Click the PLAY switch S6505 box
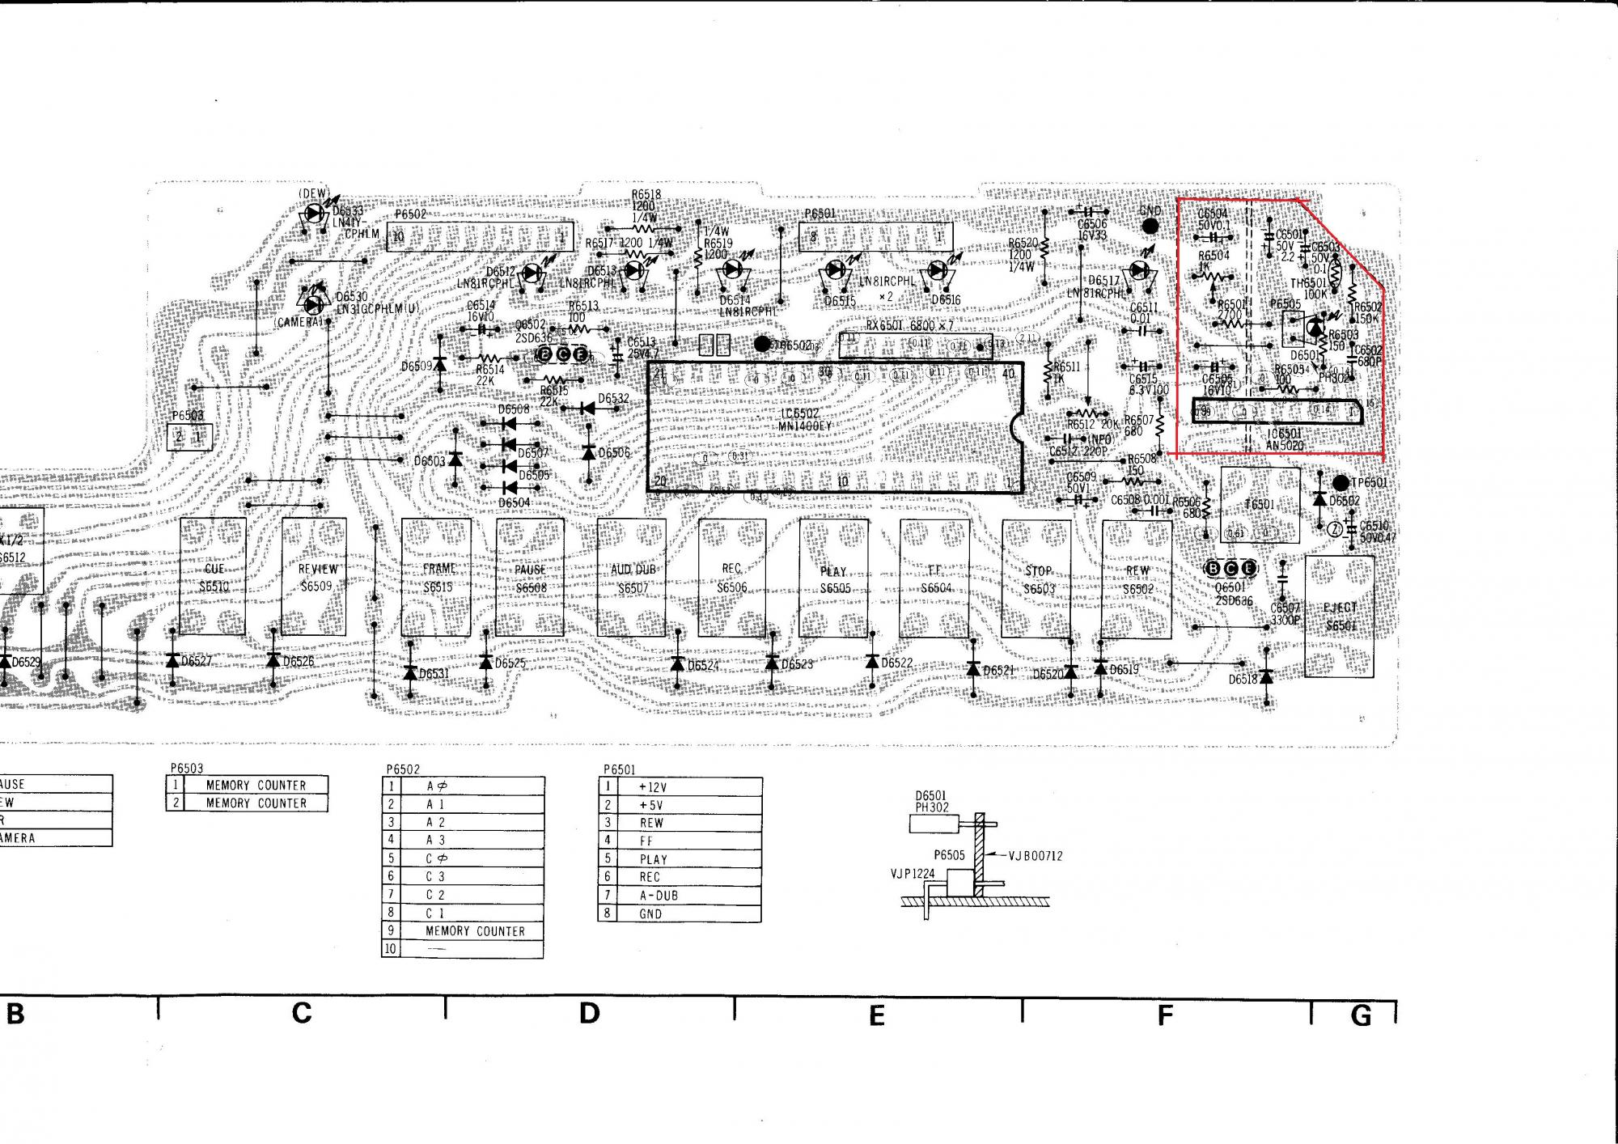coord(833,578)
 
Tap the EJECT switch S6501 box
coord(1339,616)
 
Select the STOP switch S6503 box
coord(1038,578)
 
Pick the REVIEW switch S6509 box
coord(315,577)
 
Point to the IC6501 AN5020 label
coord(1284,439)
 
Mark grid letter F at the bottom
coord(1165,1015)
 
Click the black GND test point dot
coord(1150,227)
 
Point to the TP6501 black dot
coord(1341,483)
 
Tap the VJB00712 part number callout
coord(1035,856)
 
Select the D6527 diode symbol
coord(172,660)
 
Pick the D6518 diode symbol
coord(1266,676)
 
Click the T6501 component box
coord(1260,505)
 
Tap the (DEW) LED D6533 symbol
coord(315,213)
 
